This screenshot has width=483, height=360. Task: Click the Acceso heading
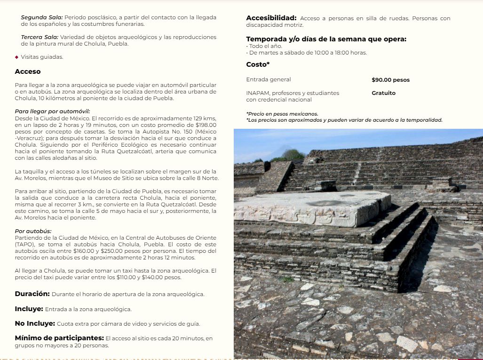tap(28, 72)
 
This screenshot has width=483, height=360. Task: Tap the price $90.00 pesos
tap(390, 80)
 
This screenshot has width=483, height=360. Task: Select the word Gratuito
tap(383, 93)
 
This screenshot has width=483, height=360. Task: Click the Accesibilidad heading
tap(271, 18)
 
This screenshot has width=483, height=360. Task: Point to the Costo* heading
tap(258, 64)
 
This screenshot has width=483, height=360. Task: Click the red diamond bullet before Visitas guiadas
tap(17, 57)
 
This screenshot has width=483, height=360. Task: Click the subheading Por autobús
tap(33, 231)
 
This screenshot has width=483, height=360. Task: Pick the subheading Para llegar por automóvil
tap(52, 111)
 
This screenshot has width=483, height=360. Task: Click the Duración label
tap(32, 294)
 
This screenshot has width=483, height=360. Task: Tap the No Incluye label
tap(35, 323)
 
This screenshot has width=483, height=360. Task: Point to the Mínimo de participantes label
tap(59, 338)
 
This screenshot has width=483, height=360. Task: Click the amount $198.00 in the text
tap(206, 125)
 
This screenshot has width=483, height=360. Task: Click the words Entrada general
tap(269, 80)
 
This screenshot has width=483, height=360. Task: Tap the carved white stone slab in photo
tap(310, 208)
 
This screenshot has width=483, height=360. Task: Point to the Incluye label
tap(29, 309)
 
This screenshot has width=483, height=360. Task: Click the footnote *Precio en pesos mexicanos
tap(282, 114)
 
